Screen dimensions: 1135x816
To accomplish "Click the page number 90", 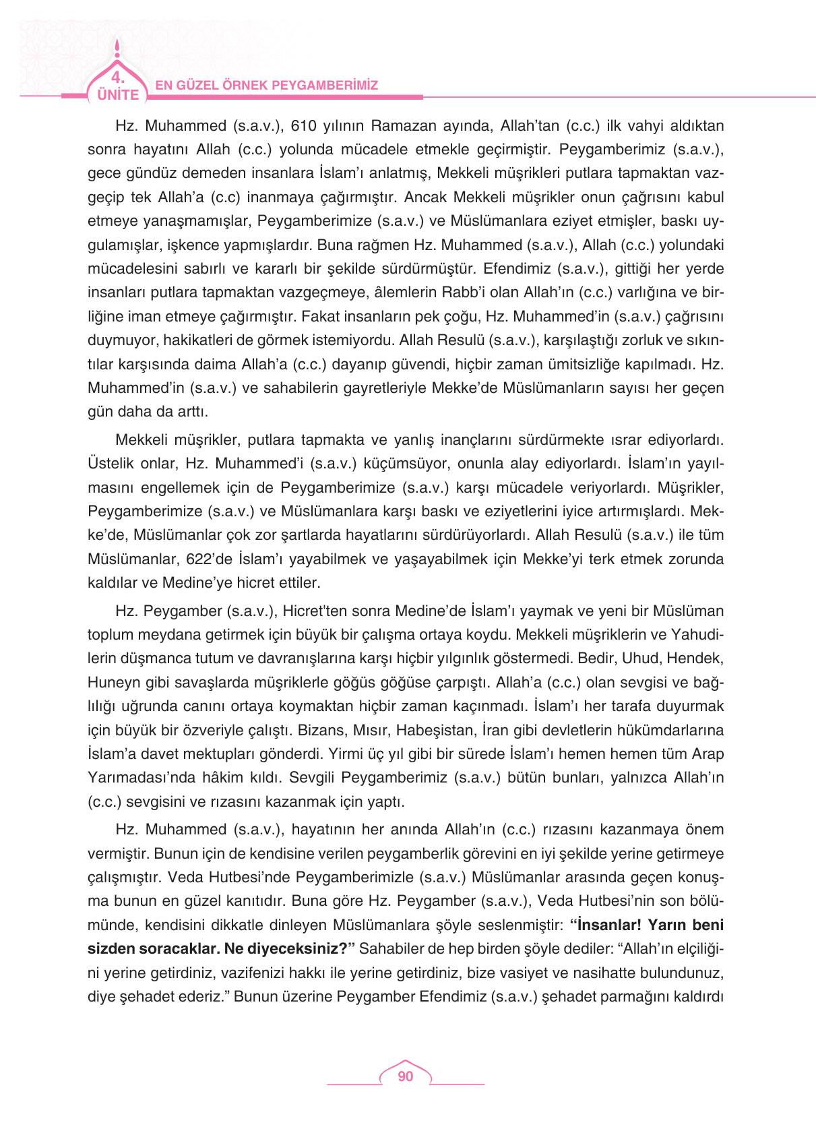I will pyautogui.click(x=405, y=1076).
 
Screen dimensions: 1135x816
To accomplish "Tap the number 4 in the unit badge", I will pyautogui.click(x=116, y=75).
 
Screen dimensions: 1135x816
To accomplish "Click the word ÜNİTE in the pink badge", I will pyautogui.click(x=116, y=95).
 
